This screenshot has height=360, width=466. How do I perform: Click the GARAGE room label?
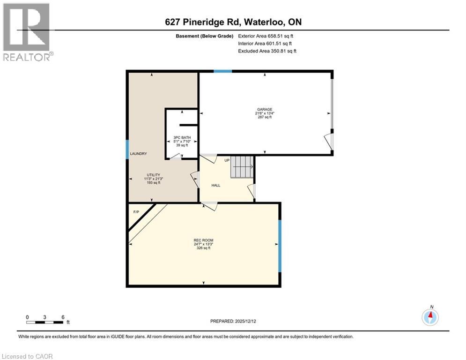tap(264, 109)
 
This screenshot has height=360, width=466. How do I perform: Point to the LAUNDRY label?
tap(139, 154)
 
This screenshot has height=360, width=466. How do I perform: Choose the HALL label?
tap(215, 185)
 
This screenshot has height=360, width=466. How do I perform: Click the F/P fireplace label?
tap(136, 212)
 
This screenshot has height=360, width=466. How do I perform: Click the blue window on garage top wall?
tap(222, 71)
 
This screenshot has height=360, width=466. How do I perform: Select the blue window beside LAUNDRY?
tap(127, 150)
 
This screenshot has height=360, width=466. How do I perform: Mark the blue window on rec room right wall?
tap(280, 246)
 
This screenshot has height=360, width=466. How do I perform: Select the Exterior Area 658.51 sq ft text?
tap(266, 36)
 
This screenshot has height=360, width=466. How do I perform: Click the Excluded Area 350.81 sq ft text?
tap(267, 51)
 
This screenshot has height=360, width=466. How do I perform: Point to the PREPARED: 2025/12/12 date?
tap(233, 321)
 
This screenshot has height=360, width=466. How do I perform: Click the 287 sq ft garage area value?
tap(264, 117)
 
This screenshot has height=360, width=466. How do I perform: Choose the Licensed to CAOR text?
tap(28, 356)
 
